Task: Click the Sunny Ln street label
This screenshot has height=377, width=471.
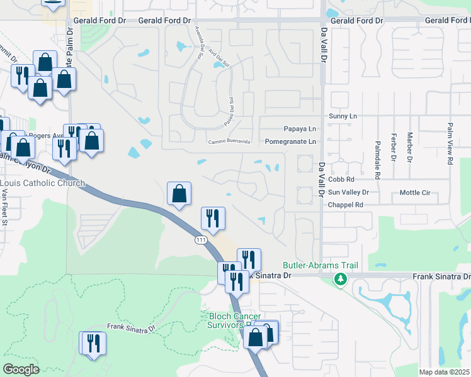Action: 343,116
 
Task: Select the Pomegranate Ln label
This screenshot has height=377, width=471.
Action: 290,142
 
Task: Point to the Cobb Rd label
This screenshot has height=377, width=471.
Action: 341,179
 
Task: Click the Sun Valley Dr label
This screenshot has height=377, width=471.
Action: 348,192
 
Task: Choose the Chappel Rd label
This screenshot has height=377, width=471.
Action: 346,205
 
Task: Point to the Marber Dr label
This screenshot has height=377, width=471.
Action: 409,146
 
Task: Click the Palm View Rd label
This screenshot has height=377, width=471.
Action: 450,144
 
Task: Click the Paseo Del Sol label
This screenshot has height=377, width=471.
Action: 232,109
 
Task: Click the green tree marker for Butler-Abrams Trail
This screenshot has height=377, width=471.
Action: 341,278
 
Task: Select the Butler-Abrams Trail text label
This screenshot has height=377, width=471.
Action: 320,266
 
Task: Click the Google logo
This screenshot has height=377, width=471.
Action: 21,369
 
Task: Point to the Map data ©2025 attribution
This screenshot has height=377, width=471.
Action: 445,372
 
